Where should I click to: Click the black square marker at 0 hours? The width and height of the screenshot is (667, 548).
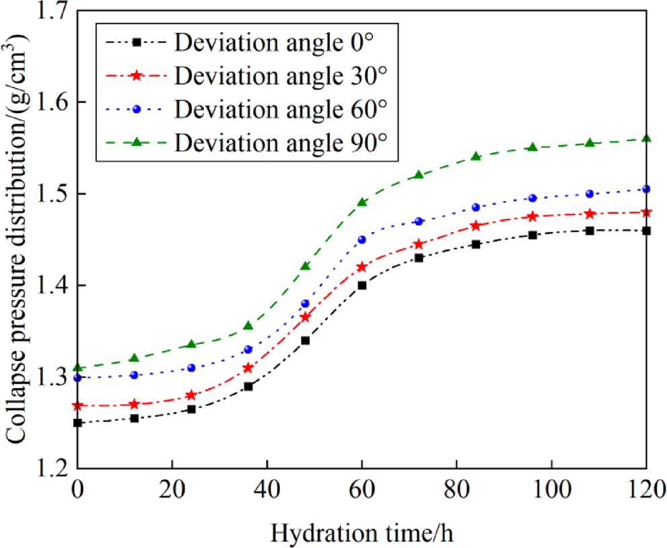pyautogui.click(x=78, y=423)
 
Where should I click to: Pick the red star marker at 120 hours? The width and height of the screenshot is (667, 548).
pyautogui.click(x=646, y=212)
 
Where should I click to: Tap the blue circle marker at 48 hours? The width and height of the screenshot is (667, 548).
pyautogui.click(x=305, y=303)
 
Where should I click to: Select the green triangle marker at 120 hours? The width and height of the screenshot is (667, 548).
pyautogui.click(x=646, y=139)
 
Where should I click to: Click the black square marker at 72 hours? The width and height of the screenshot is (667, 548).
pyautogui.click(x=419, y=258)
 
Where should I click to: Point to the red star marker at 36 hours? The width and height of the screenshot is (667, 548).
pyautogui.click(x=248, y=368)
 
